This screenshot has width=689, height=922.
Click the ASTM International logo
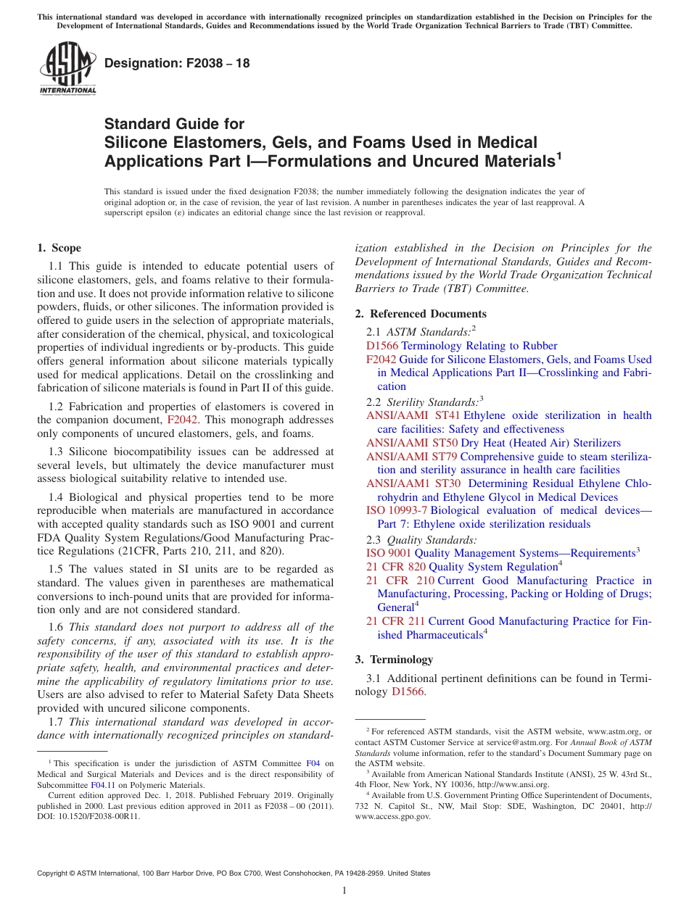click(67, 69)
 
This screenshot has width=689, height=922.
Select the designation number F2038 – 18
click(177, 64)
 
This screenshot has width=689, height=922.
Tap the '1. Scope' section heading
click(59, 248)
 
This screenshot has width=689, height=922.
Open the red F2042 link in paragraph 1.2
click(182, 420)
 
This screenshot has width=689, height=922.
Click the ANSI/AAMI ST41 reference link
click(413, 415)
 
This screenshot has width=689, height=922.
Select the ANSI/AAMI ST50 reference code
click(412, 443)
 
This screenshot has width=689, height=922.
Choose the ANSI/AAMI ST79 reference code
click(412, 457)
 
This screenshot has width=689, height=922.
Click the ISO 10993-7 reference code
click(397, 511)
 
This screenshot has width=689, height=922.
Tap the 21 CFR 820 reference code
click(396, 567)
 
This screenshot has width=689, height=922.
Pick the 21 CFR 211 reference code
click(396, 621)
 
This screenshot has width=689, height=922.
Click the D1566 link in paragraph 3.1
click(408, 692)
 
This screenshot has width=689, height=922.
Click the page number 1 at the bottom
click(344, 891)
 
